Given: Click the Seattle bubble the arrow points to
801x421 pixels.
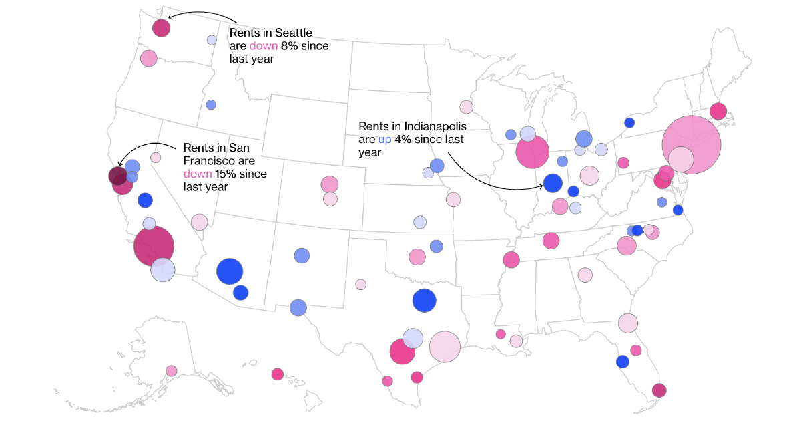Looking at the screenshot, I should [161, 28].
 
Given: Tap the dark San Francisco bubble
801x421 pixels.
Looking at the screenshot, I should [117, 176].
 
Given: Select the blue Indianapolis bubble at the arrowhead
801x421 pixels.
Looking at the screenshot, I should [553, 182].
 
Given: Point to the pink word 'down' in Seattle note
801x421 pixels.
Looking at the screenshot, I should [264, 46].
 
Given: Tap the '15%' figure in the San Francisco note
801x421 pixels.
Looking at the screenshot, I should [226, 174].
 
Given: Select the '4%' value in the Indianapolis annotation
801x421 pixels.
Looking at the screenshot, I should [408, 140].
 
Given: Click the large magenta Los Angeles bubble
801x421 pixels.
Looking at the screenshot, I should [154, 246].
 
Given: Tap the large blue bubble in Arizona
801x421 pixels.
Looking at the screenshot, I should [229, 271].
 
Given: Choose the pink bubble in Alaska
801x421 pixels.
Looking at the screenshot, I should [172, 371].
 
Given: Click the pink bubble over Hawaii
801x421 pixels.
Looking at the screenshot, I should [278, 374].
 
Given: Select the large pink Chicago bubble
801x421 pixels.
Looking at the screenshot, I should [532, 153].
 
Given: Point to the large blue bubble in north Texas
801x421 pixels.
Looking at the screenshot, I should [424, 301].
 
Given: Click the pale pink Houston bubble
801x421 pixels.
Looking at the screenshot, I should [445, 347].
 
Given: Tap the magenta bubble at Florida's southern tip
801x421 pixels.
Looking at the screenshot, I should [659, 390].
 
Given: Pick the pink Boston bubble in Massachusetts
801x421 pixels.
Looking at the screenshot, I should [718, 111].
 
